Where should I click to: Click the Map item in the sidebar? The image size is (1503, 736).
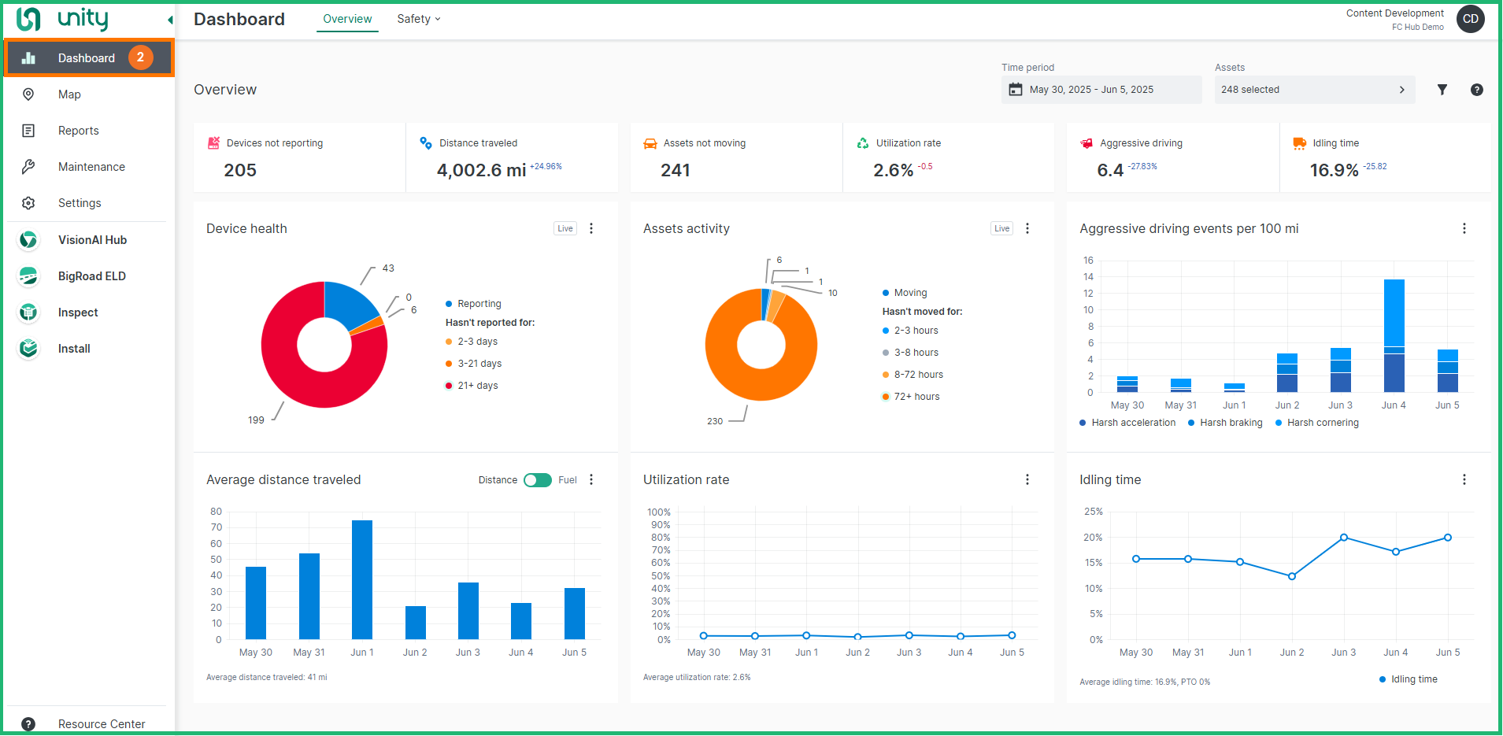pos(69,94)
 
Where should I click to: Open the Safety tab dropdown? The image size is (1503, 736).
pos(419,19)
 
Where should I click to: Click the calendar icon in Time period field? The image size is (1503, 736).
pos(1016,90)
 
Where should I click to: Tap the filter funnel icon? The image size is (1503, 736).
pos(1442,90)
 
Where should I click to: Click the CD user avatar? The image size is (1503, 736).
pos(1470,19)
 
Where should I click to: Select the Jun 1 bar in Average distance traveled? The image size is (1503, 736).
pos(362,579)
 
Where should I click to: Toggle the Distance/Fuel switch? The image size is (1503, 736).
pos(538,480)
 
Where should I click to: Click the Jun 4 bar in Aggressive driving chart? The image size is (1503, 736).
pos(1394,335)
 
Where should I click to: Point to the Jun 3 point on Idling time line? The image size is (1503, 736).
pos(1343,538)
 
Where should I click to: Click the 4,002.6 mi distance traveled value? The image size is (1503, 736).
pos(481,170)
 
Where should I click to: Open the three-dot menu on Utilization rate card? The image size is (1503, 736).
pos(1027,479)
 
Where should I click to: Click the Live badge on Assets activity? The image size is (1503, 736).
pos(1001,228)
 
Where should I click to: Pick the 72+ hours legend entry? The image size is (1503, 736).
pos(916,397)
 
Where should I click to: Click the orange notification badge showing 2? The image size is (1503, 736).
pos(141,57)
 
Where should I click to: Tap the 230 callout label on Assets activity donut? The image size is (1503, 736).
pos(715,421)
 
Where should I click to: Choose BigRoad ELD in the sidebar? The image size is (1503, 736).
pos(91,276)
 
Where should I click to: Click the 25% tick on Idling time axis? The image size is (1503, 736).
pos(1093,512)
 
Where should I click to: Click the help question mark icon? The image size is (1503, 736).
pos(1476,90)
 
